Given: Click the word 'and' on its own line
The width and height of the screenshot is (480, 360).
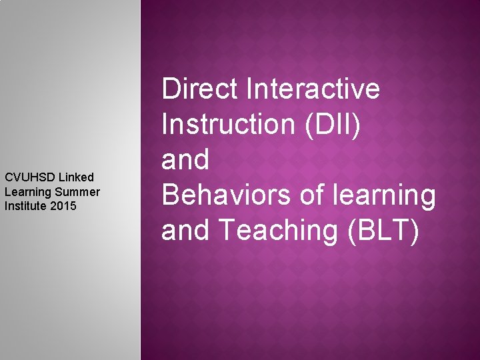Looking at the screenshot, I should click(x=186, y=160).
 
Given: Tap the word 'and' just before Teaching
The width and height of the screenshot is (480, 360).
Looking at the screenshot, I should click(x=186, y=231).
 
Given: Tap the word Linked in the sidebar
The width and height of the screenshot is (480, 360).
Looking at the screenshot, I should click(x=76, y=177).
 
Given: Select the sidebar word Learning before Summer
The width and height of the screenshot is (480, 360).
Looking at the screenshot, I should click(x=25, y=192).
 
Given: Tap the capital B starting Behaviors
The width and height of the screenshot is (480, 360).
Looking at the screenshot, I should click(x=171, y=195).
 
